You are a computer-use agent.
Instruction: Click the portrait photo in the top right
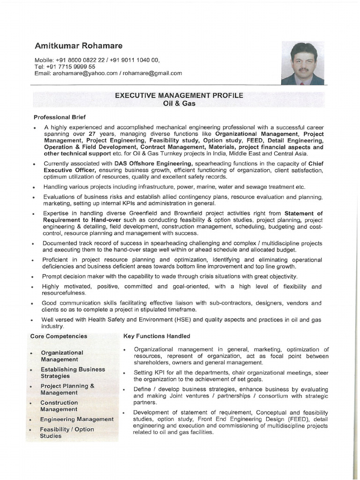[x=302, y=63]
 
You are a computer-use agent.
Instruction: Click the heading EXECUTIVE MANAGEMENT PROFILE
[x=180, y=95]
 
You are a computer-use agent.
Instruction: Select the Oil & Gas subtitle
[x=180, y=103]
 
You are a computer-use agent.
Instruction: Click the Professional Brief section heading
[x=60, y=117]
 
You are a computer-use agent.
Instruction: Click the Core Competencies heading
[x=59, y=336]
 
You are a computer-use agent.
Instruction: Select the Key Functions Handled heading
[x=157, y=336]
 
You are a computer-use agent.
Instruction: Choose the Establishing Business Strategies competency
[x=66, y=373]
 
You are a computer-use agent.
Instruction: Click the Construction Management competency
[x=59, y=406]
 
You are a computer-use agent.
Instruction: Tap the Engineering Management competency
[x=76, y=419]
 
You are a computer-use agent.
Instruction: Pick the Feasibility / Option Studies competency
[x=67, y=432]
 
